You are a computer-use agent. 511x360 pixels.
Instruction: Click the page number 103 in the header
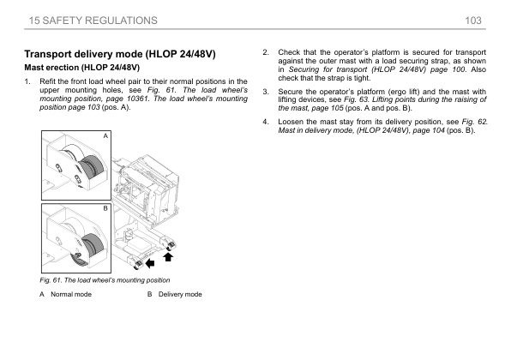[x=473, y=21]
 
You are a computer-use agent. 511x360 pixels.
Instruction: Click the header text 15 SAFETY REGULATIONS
[x=93, y=21]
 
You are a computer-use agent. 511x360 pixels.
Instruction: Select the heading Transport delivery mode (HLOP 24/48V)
[x=120, y=54]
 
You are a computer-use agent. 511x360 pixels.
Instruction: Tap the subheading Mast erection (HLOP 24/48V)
[x=81, y=68]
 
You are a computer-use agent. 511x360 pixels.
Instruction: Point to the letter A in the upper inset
[x=105, y=135]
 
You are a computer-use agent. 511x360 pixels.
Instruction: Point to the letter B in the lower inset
[x=105, y=208]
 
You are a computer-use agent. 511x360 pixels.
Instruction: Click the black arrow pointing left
[x=150, y=263]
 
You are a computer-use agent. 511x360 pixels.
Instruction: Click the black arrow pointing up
[x=168, y=257]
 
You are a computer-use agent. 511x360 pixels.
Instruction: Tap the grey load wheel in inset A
[x=92, y=167]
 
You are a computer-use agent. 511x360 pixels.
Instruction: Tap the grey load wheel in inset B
[x=93, y=245]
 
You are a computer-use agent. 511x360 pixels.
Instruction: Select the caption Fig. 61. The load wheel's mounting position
[x=105, y=280]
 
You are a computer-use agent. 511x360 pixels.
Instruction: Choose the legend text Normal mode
[x=71, y=294]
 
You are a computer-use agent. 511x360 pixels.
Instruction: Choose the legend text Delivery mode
[x=180, y=294]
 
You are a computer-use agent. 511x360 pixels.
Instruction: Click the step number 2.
[x=266, y=52]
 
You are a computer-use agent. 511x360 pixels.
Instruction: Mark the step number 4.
[x=266, y=122]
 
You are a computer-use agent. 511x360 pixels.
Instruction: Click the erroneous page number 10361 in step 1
[x=137, y=99]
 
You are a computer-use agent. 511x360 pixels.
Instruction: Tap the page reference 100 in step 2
[x=459, y=69]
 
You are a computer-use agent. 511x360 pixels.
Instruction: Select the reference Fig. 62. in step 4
[x=474, y=122]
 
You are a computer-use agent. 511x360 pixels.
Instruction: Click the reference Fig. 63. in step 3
[x=357, y=99]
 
